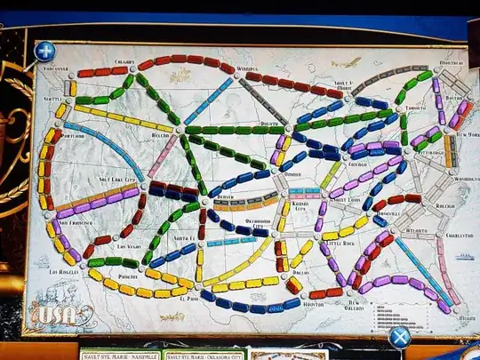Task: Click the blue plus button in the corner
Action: (x=44, y=52)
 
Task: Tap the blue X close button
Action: (x=399, y=337)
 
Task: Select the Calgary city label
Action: (x=124, y=62)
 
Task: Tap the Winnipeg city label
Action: (x=247, y=68)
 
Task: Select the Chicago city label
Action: (x=357, y=165)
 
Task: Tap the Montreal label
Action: (x=452, y=63)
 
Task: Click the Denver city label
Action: (x=227, y=196)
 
